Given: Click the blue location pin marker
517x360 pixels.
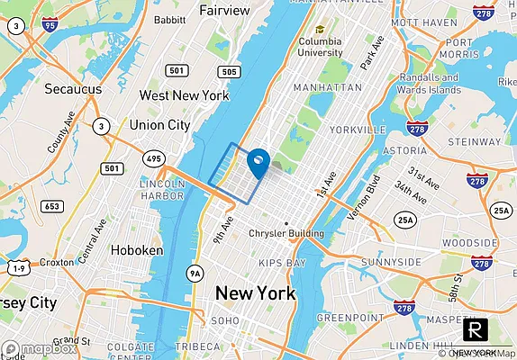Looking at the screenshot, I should (258, 161).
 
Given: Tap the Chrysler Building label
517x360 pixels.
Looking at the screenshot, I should (286, 234).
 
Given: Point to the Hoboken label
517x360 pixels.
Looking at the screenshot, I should (136, 250).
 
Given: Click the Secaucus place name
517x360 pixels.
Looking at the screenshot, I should (74, 89).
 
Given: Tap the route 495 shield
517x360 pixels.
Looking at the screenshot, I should (153, 159).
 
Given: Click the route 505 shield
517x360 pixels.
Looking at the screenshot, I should (229, 71).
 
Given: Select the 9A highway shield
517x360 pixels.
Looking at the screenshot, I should (195, 274).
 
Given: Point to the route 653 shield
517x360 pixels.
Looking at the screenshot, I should (52, 207).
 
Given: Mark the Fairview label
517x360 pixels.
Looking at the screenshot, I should (224, 11).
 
